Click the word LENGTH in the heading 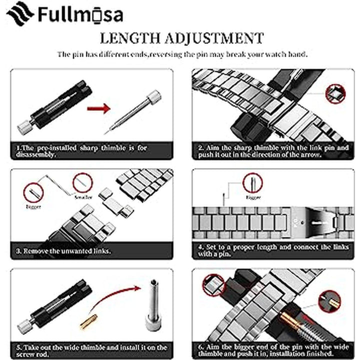pos(131,38)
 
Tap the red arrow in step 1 pos(98,108)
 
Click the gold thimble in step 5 pos(90,320)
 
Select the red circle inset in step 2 pos(335,93)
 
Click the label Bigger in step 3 pos(34,205)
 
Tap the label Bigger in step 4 pos(254,197)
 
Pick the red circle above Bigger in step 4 pos(252,182)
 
